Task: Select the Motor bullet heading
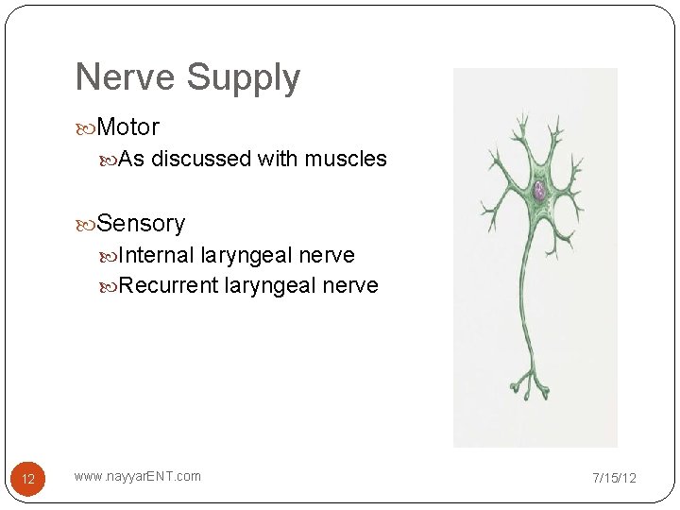point(127,127)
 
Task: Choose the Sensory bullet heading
point(141,224)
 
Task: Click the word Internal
point(157,255)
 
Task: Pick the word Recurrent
point(169,285)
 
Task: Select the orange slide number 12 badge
point(28,479)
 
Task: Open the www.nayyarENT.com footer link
point(138,476)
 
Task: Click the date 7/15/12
point(614,478)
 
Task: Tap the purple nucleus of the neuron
point(539,191)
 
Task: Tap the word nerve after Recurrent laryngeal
point(350,285)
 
